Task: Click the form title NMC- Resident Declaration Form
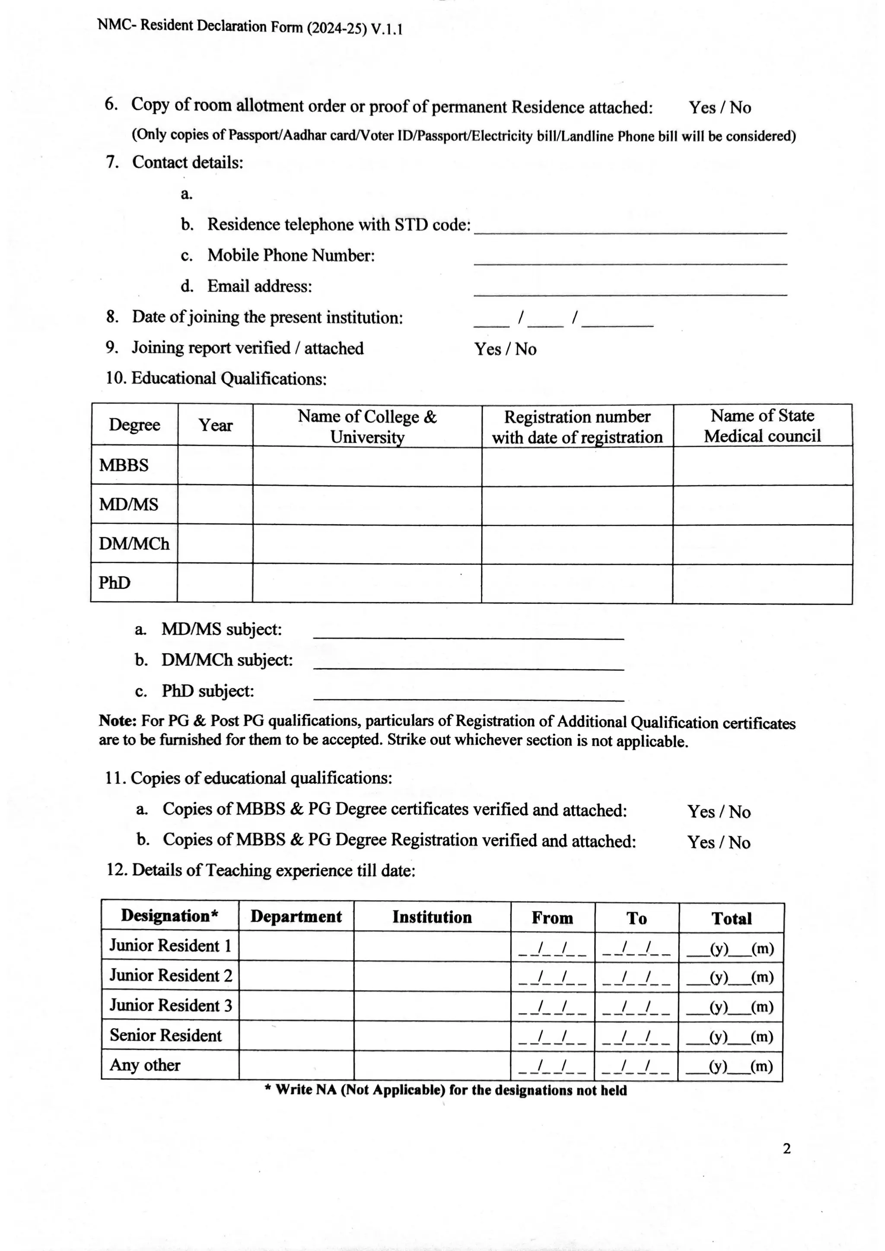point(250,27)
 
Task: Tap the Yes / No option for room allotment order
point(719,107)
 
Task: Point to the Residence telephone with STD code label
point(338,225)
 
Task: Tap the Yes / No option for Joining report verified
point(505,349)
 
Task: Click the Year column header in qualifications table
point(215,425)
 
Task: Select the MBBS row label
point(124,466)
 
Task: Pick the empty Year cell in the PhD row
point(215,584)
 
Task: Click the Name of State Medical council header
point(762,425)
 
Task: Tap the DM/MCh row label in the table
point(134,544)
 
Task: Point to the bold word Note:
point(118,721)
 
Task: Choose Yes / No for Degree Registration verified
point(718,842)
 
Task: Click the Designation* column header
point(169,915)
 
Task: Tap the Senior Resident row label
point(166,1035)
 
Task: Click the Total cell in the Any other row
point(730,1066)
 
